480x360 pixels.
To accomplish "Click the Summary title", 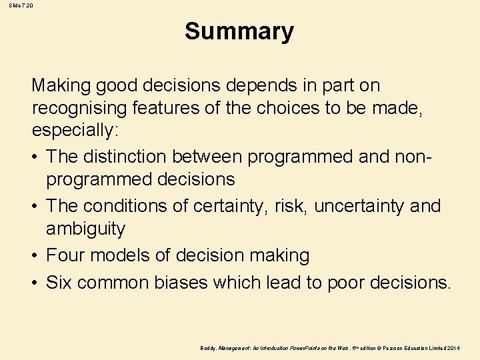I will (239, 31).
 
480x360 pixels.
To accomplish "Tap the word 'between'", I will (207, 156).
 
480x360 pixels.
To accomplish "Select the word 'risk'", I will (291, 206).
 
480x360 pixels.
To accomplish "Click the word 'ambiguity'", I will (85, 229).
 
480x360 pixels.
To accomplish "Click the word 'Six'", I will (60, 282).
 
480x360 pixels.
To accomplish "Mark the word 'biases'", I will (181, 282).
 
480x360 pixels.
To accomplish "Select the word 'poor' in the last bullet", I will (347, 283).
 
